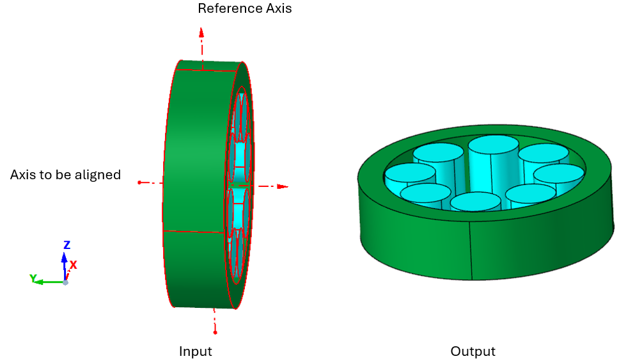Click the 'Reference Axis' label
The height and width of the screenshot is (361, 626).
point(244,9)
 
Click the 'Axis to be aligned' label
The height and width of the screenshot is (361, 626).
point(65,175)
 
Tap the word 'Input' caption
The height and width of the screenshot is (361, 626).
point(195,351)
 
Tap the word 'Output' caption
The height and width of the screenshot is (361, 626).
point(473,351)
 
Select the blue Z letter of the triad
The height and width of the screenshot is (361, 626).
point(67,245)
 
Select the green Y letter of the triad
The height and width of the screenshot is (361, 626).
point(33,278)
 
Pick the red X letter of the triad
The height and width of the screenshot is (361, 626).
point(74,264)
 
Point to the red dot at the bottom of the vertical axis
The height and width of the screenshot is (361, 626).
point(215,332)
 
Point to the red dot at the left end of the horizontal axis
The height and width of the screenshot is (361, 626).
point(139,182)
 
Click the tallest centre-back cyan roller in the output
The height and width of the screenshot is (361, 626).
point(493,145)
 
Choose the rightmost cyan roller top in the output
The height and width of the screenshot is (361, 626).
point(559,173)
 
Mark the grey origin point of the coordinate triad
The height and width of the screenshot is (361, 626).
point(65,282)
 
